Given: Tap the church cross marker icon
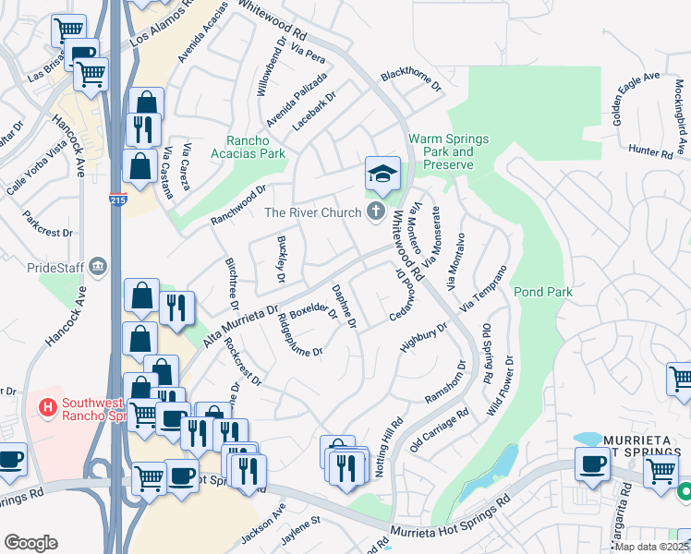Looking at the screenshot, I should click(x=375, y=213).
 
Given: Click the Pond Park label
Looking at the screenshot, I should click(x=543, y=292).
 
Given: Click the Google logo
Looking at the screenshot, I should click(x=30, y=543).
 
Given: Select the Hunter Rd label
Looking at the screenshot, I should click(x=651, y=151).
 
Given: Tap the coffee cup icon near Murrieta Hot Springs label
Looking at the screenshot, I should click(x=591, y=464).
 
